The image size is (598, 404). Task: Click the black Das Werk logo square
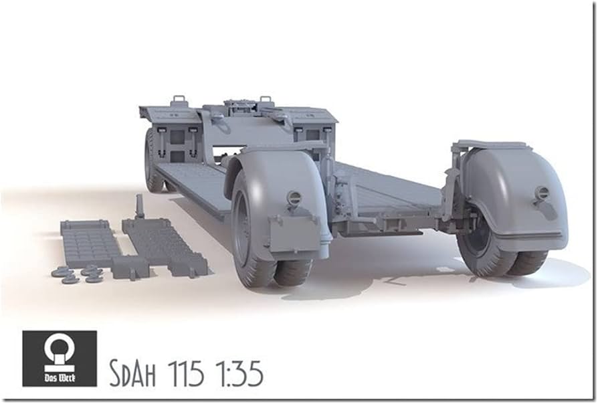click(59, 358)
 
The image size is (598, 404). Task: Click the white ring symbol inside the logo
click(59, 348)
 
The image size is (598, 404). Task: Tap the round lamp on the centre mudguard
click(294, 198)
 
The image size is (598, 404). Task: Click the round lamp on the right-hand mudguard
click(542, 193)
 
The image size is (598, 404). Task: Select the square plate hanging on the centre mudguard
click(294, 231)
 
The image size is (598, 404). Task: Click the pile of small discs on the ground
click(77, 274)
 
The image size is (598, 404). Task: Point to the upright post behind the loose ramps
click(140, 207)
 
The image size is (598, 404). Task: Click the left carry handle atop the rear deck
click(179, 101)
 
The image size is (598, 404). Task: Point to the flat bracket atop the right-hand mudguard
click(492, 144)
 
